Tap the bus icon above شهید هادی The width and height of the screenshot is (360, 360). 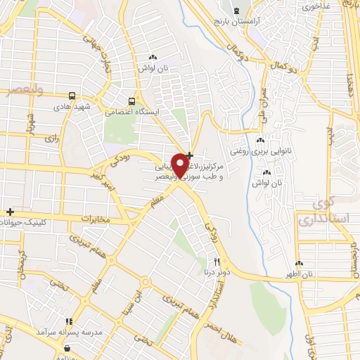[72, 96]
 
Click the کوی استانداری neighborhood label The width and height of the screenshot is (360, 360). [323, 213]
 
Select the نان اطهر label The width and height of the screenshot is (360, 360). [297, 272]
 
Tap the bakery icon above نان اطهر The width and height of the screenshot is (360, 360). [299, 261]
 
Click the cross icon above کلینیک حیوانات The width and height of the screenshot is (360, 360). [10, 212]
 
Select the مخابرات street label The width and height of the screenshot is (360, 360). [96, 219]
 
